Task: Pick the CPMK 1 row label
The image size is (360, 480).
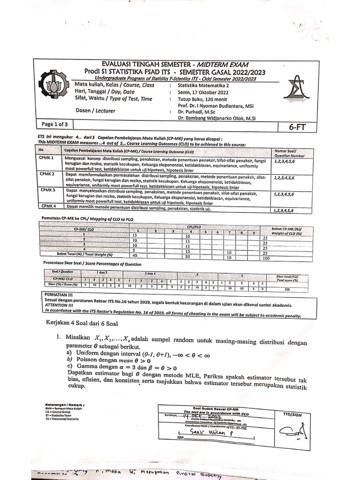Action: [x=47, y=158]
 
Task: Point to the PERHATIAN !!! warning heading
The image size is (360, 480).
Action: [x=59, y=293]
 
